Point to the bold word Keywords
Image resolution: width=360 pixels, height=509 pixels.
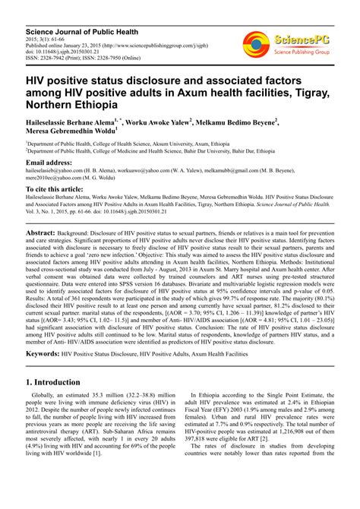pos(43,354)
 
